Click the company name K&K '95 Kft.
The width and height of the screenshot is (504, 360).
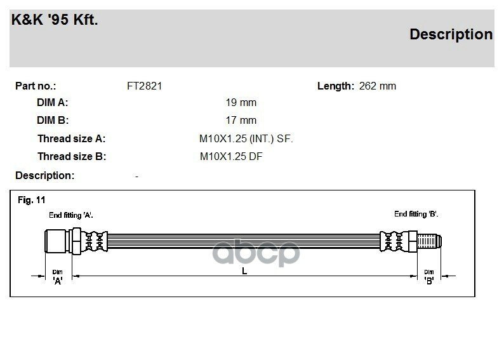pos(55,20)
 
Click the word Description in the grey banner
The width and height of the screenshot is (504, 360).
pos(451,34)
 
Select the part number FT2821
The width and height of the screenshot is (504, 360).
pos(144,86)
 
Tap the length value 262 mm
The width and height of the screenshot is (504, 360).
pos(377,86)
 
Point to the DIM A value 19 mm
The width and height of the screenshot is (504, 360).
pos(241,102)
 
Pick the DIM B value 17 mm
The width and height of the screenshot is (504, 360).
pos(241,120)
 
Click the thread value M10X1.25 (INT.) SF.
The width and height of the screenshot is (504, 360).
pos(246,138)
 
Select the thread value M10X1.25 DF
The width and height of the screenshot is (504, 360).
pos(231,156)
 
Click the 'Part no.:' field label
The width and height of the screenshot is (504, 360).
pos(36,86)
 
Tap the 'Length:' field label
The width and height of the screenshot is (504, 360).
pos(336,86)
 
